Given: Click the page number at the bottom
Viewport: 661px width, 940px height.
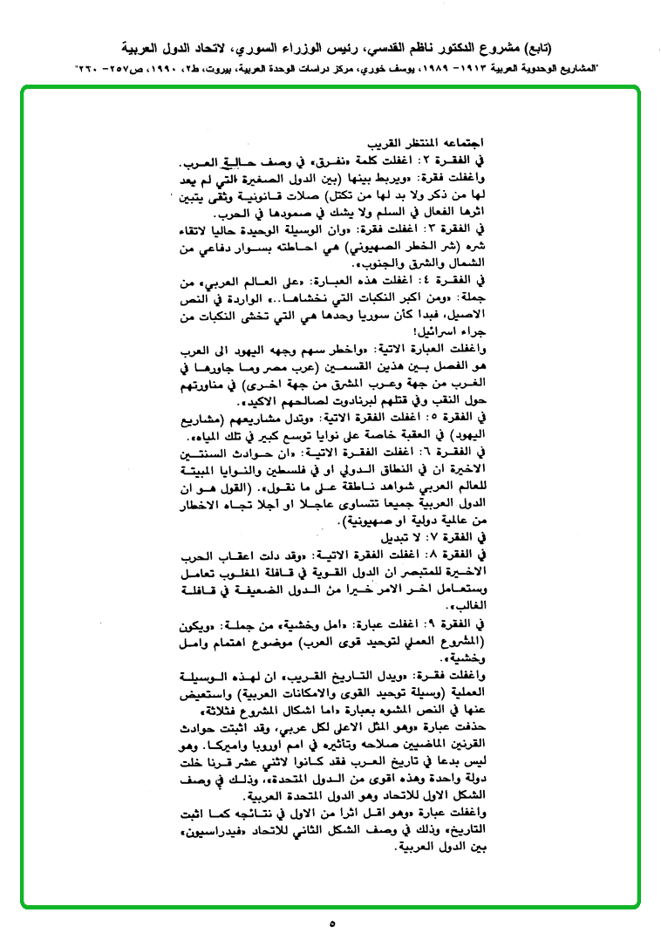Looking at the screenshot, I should (x=332, y=922).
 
